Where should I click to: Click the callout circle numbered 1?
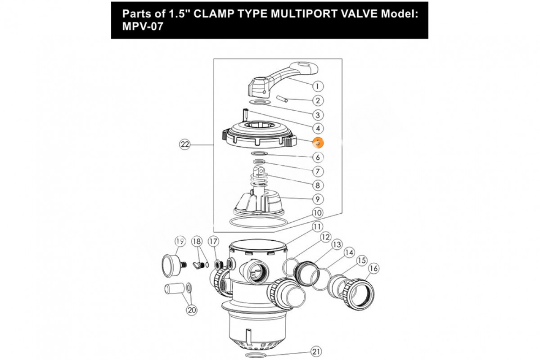318,86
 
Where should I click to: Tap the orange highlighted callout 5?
318,143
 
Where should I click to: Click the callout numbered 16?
373,269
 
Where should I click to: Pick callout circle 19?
180,241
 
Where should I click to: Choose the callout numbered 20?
192,310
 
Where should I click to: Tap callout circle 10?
318,212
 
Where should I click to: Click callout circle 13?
336,244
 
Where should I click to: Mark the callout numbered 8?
318,185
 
